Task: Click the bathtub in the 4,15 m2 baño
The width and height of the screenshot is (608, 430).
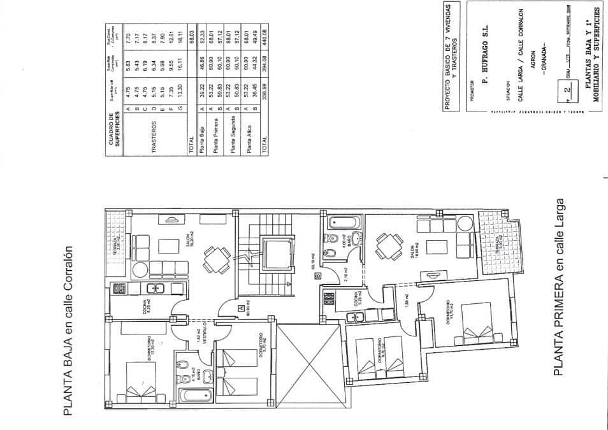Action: (x=189, y=396)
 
